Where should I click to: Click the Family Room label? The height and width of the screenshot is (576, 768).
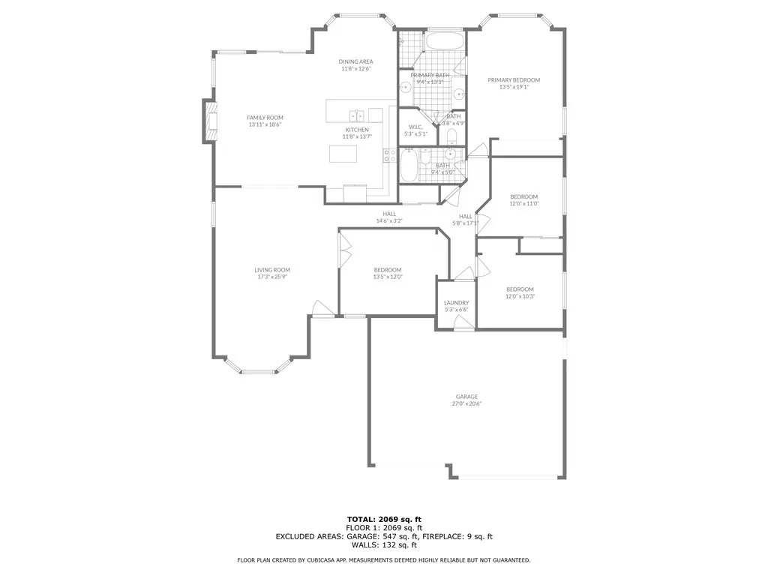coord(265,118)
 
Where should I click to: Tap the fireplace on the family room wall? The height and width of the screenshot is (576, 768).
coord(207,121)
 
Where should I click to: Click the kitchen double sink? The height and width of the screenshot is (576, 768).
coord(356,115)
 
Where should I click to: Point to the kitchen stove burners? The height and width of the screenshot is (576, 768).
coord(389,155)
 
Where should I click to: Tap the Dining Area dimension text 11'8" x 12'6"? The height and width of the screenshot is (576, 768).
coord(356,69)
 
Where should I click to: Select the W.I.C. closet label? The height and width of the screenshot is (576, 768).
coord(415,126)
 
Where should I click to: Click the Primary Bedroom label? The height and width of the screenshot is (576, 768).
coord(513,80)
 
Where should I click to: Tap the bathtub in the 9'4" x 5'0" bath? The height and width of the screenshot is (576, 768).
coord(409,166)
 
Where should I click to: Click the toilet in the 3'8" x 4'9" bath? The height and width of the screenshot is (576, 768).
coord(451,136)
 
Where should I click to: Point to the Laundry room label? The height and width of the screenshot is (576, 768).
coord(456,302)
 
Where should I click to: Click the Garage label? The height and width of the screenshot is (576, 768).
coord(466,397)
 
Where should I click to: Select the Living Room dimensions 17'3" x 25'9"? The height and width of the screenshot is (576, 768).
coord(271,277)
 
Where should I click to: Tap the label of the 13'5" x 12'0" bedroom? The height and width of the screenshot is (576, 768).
coord(388,270)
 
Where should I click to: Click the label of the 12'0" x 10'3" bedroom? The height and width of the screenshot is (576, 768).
coord(520,289)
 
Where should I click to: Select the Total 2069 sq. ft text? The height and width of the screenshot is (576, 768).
coord(384,519)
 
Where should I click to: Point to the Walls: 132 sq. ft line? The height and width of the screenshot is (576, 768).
coord(384,544)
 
